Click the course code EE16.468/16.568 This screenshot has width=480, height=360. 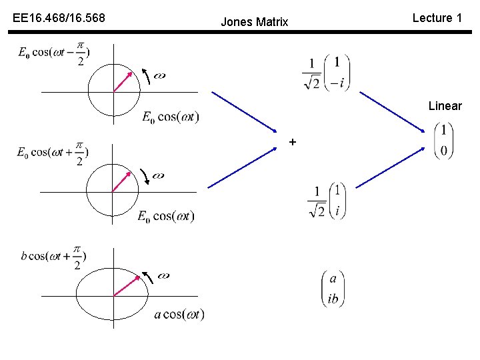[59, 18]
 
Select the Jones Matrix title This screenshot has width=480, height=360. [254, 22]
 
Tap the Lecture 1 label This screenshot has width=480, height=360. [437, 18]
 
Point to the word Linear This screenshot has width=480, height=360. [445, 106]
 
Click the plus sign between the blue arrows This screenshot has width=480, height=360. [292, 142]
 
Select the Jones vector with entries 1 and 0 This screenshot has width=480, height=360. [443, 140]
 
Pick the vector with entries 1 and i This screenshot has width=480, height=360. [327, 200]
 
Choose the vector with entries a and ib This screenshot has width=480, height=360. [333, 288]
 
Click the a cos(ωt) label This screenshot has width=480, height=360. [179, 314]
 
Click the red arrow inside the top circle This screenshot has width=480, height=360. [121, 81]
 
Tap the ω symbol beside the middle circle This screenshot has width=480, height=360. [158, 176]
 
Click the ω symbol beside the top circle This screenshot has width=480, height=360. [159, 75]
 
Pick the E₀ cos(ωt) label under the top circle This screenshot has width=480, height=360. [170, 117]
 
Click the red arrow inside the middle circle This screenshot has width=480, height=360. [121, 181]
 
